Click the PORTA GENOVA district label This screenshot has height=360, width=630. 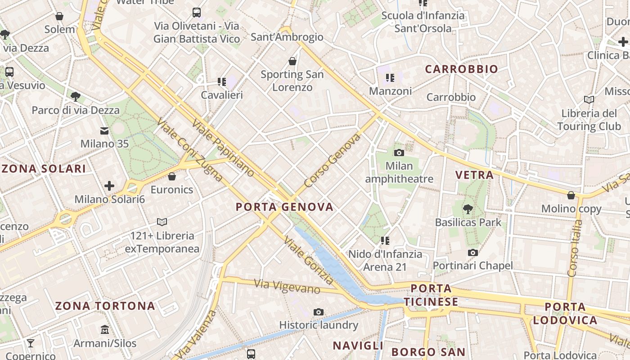pyautogui.click(x=284, y=207)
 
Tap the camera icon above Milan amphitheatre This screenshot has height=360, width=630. pyautogui.click(x=399, y=153)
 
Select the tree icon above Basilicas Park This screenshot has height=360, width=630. pyautogui.click(x=468, y=209)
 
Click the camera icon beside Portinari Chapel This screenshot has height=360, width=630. pyautogui.click(x=472, y=253)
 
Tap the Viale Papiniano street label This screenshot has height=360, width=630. pyautogui.click(x=223, y=148)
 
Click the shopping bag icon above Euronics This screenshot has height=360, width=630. pyautogui.click(x=171, y=176)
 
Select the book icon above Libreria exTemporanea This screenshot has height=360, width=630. pyautogui.click(x=162, y=222)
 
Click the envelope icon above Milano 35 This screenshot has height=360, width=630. pyautogui.click(x=104, y=131)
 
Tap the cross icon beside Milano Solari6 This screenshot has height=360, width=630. pyautogui.click(x=109, y=186)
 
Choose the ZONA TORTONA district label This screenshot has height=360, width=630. pyautogui.click(x=105, y=306)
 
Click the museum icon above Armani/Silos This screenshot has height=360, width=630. pyautogui.click(x=105, y=330)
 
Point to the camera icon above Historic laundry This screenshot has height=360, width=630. pyautogui.click(x=319, y=312)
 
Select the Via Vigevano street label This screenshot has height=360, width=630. pyautogui.click(x=287, y=287)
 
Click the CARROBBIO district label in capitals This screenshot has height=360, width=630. pyautogui.click(x=461, y=69)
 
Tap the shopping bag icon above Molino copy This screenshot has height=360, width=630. pyautogui.click(x=571, y=195)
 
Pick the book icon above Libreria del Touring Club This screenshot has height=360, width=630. pyautogui.click(x=589, y=99)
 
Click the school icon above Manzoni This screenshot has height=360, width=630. pyautogui.click(x=390, y=78)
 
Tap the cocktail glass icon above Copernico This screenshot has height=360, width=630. pyautogui.click(x=31, y=343)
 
